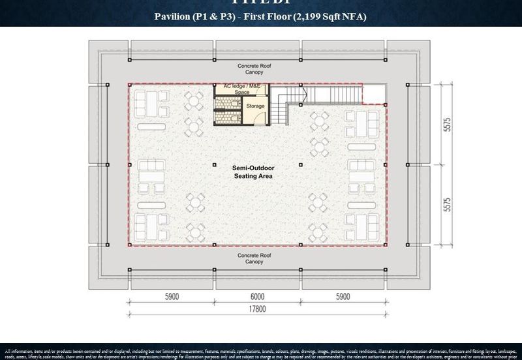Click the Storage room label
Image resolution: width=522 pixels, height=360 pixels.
click(255, 106)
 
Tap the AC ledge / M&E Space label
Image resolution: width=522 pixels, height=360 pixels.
click(237, 89)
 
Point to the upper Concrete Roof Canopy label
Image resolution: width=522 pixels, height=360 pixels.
click(254, 69)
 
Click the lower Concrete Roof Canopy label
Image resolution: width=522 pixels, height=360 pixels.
click(254, 258)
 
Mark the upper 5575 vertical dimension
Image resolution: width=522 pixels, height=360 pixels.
click(447, 125)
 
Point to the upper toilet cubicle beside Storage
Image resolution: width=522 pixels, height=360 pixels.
click(227, 103)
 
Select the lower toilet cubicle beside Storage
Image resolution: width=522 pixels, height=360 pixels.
click(227, 117)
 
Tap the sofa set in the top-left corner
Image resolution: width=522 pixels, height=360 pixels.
click(149, 102)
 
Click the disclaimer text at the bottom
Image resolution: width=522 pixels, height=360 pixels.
click(261, 353)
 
